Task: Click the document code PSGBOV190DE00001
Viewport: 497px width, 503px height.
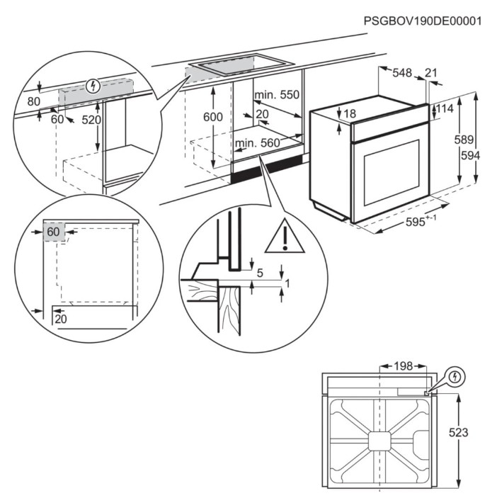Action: pos(422,21)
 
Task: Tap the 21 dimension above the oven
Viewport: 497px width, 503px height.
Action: pos(431,72)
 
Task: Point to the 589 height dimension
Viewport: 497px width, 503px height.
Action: pos(464,139)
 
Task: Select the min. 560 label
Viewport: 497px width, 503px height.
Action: pos(258,143)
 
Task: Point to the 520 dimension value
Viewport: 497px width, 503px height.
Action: pos(91,120)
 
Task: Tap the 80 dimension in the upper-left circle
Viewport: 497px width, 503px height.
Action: pos(33,101)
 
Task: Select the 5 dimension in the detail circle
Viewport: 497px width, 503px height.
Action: pos(259,272)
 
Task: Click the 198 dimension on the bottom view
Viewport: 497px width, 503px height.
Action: pos(402,366)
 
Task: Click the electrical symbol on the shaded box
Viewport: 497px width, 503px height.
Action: pos(91,87)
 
